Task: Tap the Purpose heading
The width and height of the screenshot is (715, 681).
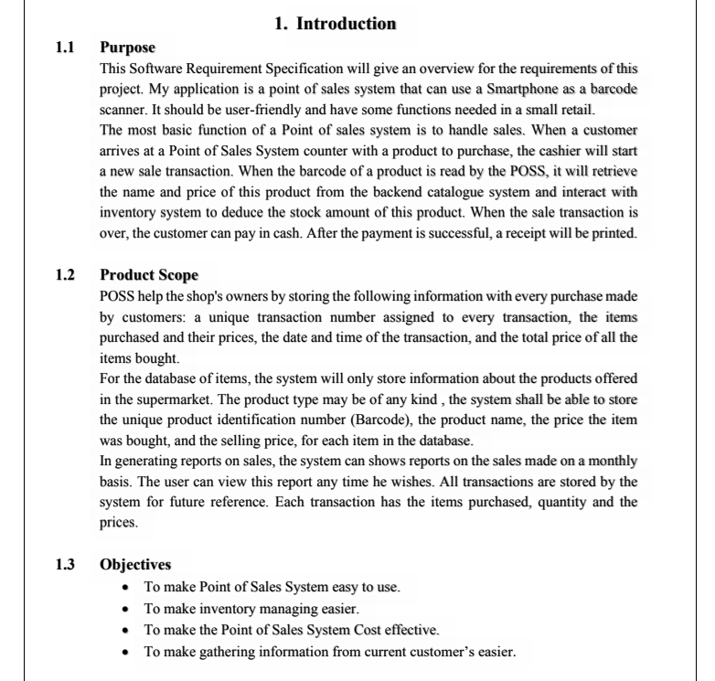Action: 127,48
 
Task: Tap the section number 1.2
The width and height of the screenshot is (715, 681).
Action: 66,275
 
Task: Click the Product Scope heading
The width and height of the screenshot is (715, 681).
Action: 149,275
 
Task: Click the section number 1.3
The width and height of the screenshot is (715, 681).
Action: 66,564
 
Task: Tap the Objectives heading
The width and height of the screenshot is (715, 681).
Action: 135,564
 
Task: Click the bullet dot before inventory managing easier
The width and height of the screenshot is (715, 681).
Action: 126,608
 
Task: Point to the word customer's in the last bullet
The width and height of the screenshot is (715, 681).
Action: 431,652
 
